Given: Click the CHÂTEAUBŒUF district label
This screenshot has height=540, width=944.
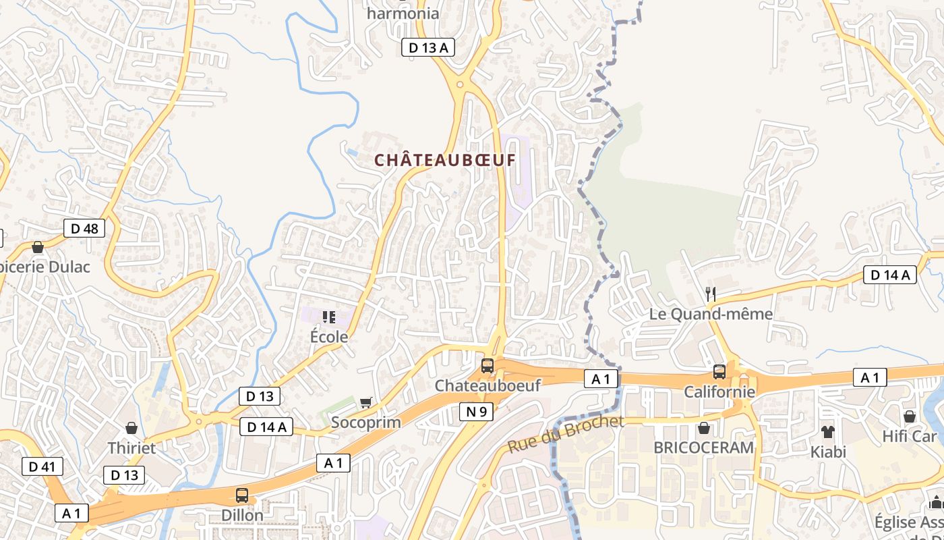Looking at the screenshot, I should tap(444, 161).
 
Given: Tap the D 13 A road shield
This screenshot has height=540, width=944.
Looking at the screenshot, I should tap(428, 47).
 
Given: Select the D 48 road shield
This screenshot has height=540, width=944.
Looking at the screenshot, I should tap(85, 228).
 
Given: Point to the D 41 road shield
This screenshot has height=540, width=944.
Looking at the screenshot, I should tap(42, 466).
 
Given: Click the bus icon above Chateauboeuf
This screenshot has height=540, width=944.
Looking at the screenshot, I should tap(487, 367).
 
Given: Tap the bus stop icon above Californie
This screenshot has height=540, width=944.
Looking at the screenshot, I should tap(719, 372).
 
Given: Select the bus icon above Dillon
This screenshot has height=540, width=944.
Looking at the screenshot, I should tap(242, 495).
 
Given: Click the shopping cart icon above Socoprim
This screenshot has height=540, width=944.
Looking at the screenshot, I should tap(366, 403).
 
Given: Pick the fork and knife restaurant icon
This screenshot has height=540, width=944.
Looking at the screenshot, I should tap(710, 294).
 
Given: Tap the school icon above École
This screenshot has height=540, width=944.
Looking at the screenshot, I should tap(329, 317).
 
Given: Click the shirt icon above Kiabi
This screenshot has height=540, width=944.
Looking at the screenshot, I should tap(827, 432).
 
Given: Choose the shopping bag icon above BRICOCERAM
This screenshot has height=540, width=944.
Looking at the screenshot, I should tap(704, 428).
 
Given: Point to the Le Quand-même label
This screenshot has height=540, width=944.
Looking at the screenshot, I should tap(711, 314).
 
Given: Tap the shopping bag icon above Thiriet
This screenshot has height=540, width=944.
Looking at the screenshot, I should tap(131, 428).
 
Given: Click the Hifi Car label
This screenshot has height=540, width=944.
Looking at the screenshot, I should tap(910, 437).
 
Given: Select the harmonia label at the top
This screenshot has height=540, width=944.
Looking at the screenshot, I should tap(403, 13).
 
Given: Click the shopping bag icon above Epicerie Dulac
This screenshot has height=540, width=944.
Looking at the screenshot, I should tap(38, 247).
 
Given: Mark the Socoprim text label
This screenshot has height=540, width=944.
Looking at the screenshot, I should tap(366, 423).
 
